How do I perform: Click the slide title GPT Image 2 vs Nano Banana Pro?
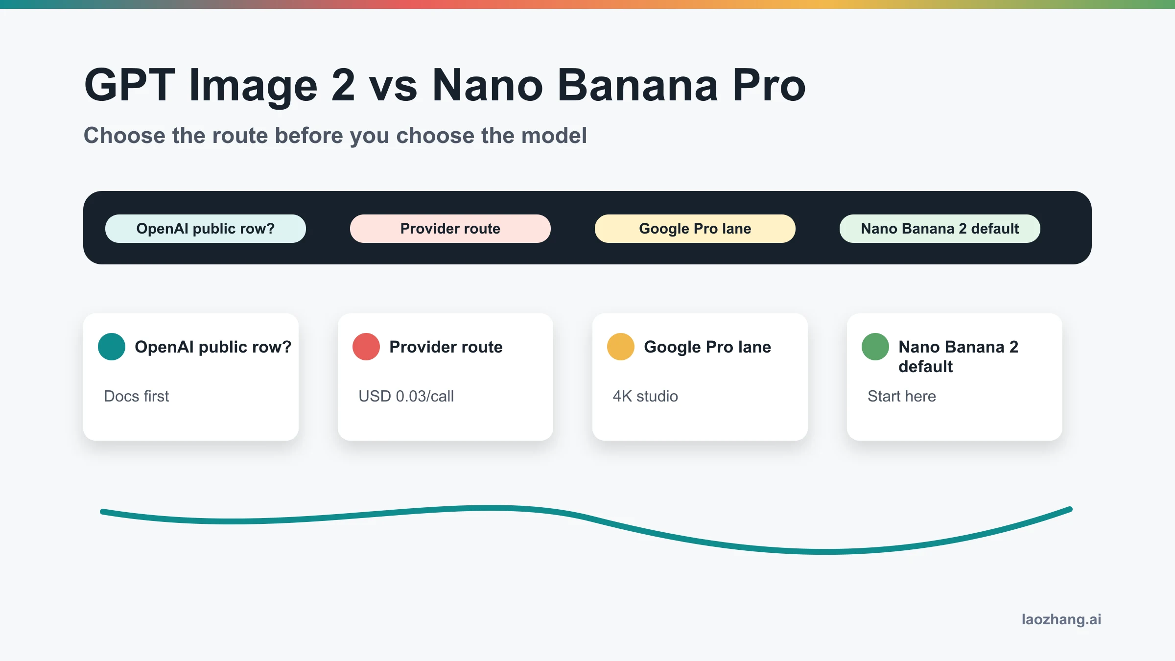445,85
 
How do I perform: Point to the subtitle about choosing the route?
335,136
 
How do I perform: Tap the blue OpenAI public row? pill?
206,229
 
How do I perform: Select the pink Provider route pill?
450,229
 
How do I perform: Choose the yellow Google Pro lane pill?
695,229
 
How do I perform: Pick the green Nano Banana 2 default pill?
940,229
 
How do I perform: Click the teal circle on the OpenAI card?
112,347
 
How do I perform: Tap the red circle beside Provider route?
366,347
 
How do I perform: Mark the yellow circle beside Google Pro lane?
621,347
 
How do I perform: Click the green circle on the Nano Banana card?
875,347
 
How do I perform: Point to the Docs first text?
136,396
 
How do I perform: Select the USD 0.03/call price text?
406,396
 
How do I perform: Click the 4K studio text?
645,396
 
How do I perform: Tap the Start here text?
902,396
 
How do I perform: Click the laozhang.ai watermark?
1061,619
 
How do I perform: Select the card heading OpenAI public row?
213,347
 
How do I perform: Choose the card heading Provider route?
446,347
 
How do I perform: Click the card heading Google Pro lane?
707,347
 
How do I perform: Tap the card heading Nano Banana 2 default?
958,356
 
